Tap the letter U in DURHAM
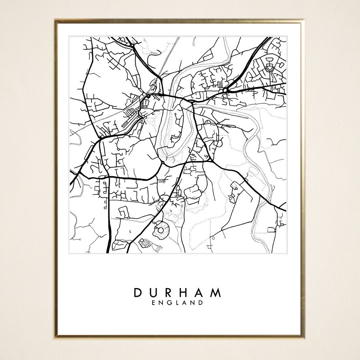coord(154,293)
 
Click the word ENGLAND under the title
coord(177,303)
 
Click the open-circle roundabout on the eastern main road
coord(225,90)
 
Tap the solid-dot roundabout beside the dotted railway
coord(148,96)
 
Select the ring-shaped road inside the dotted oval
coord(161,230)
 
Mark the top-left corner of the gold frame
coord(55,20)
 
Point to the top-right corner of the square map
coord(286,36)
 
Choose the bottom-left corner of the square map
coord(69,253)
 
